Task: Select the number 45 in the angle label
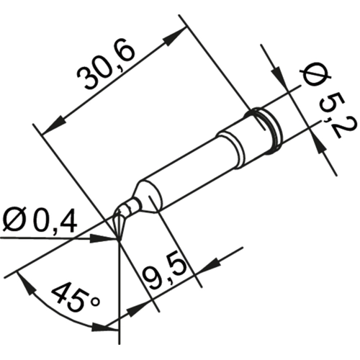68,298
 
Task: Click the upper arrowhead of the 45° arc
27,282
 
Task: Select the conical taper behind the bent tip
145,198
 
